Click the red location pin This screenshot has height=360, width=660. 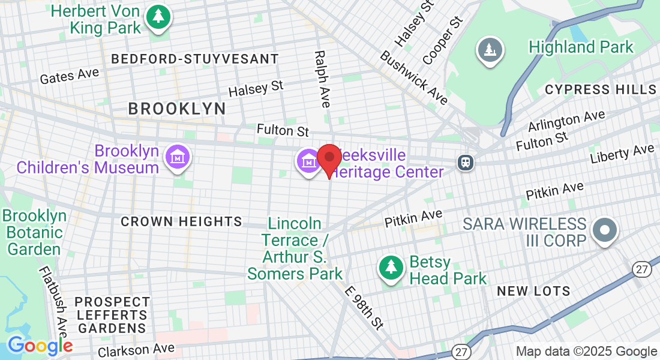pos(329,158)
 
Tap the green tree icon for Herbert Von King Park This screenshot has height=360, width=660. pos(158,17)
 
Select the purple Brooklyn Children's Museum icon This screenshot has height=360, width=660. pos(178,157)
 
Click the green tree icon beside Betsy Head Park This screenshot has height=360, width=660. pos(391,267)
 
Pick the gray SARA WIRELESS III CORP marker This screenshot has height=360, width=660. pos(605,230)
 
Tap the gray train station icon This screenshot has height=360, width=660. pos(465,162)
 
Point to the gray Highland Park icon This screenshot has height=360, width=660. pos(490,50)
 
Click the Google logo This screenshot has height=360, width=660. pos(40,346)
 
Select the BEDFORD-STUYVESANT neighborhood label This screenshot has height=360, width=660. pos(195,59)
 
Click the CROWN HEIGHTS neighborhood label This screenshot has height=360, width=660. pos(181,222)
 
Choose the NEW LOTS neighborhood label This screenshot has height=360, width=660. pos(534,292)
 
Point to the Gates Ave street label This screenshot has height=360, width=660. pos(69,76)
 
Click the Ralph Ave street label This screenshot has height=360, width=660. pos(322,79)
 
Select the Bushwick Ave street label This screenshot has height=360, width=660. pos(414,77)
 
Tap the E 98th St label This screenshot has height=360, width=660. pos(364,307)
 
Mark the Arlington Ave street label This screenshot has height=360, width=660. pos(566,121)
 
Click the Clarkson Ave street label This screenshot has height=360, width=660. pos(136,349)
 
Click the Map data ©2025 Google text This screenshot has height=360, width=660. pos(587,352)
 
